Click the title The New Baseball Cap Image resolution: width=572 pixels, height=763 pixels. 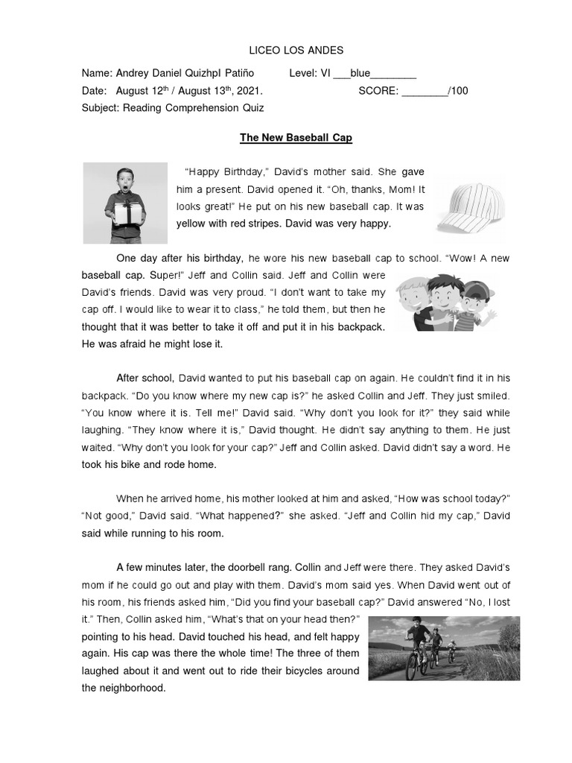(x=296, y=138)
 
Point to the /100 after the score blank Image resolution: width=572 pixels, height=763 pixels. (x=459, y=91)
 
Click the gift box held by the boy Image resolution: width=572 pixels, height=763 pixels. (x=127, y=214)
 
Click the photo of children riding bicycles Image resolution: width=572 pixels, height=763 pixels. (x=444, y=648)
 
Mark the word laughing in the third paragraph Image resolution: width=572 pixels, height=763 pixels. (x=103, y=430)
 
